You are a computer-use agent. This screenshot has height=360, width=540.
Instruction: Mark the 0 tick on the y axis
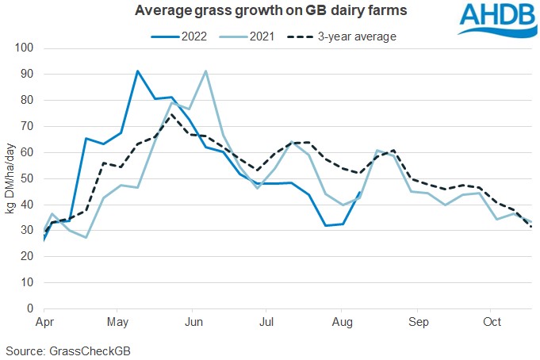29,308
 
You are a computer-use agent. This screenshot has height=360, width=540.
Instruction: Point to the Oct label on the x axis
492,323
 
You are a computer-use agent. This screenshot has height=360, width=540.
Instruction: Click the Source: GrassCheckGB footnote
59,350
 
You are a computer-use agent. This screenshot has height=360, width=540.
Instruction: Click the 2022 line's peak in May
138,71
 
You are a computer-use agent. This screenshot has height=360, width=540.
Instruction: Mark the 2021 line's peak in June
206,71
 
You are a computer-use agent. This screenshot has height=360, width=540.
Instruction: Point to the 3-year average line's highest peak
171,114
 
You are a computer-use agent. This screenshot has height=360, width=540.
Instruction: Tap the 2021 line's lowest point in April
86,237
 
